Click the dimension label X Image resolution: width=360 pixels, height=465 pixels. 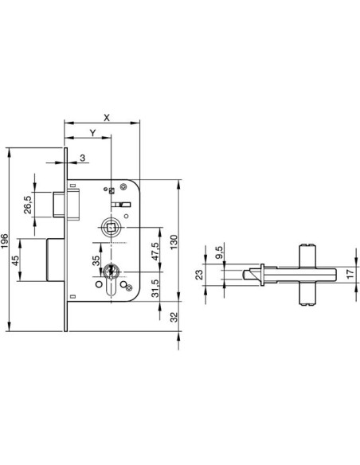pos(107,118)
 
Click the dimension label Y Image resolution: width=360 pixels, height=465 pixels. pos(93,133)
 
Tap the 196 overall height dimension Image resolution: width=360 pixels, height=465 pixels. pos(5,241)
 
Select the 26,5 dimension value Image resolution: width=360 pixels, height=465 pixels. pos(28,205)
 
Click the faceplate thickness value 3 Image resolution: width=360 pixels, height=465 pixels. pos(83,158)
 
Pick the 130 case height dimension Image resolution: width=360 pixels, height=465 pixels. pos(174,242)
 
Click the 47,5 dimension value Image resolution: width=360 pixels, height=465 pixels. pos(155,251)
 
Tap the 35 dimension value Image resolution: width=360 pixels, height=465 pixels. pos(96,260)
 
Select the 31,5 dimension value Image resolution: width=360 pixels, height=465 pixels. pos(155,288)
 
